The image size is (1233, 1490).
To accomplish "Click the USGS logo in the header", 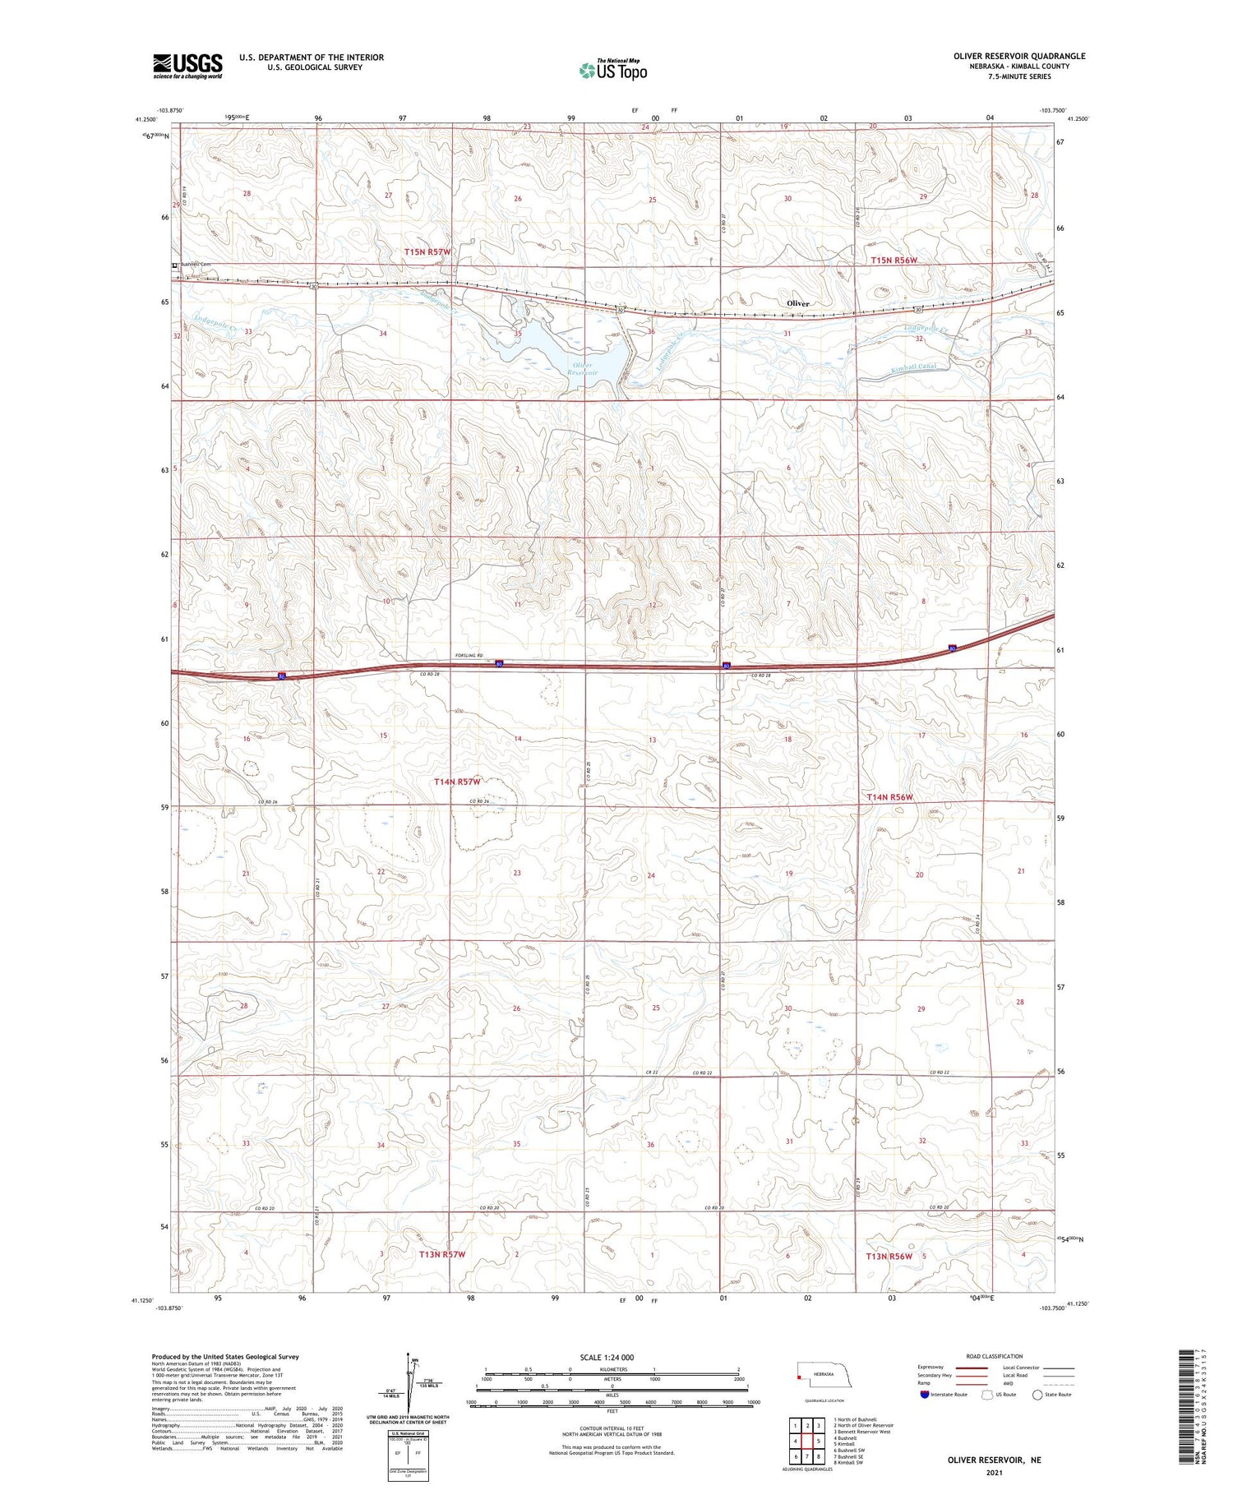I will tap(187, 66).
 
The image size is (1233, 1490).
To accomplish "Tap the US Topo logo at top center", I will tap(613, 70).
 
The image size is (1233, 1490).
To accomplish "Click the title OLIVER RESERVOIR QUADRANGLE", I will tap(1008, 56).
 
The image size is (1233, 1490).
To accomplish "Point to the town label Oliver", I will tap(797, 303).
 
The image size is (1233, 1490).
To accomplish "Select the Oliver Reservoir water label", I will tap(582, 369).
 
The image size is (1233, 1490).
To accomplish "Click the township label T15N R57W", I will tap(427, 251).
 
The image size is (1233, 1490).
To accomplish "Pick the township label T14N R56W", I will tap(890, 797).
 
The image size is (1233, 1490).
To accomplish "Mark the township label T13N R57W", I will tap(442, 1255).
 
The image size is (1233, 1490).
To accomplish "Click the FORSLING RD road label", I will tap(469, 655).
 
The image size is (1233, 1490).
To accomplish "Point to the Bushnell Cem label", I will tap(194, 265).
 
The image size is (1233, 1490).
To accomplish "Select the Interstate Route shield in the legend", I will tap(925, 1395).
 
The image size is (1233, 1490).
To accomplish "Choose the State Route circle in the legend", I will tap(1037, 1395).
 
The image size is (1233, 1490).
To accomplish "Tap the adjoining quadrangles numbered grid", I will tap(807, 1441).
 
